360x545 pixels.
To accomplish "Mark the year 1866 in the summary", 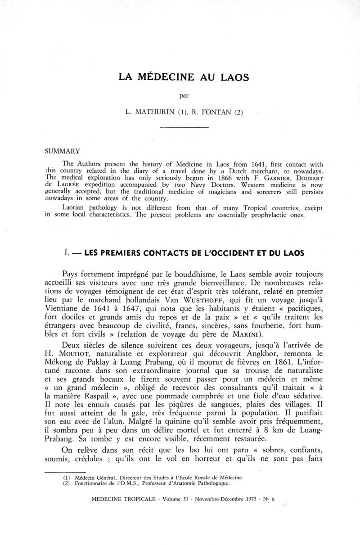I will coord(223,178).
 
